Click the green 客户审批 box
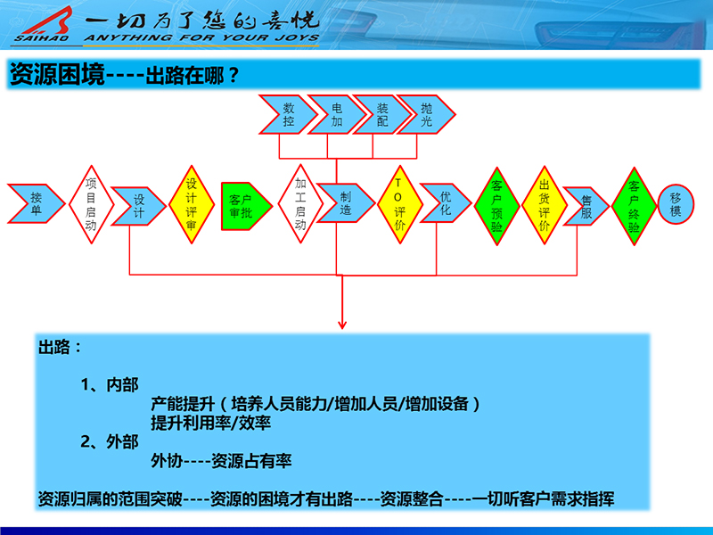(243, 206)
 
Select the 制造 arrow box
(344, 204)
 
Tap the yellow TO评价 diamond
(398, 204)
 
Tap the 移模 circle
(676, 205)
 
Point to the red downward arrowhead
(341, 324)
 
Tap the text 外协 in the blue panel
(168, 461)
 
